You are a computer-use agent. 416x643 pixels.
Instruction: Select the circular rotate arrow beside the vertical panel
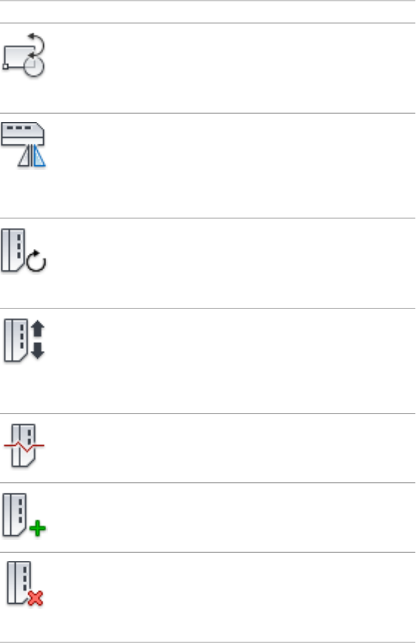(37, 263)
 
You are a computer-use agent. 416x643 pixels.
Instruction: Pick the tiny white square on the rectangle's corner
(6, 66)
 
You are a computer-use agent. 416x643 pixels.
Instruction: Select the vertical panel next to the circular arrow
(14, 250)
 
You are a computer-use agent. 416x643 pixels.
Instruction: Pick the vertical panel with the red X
(17, 583)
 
